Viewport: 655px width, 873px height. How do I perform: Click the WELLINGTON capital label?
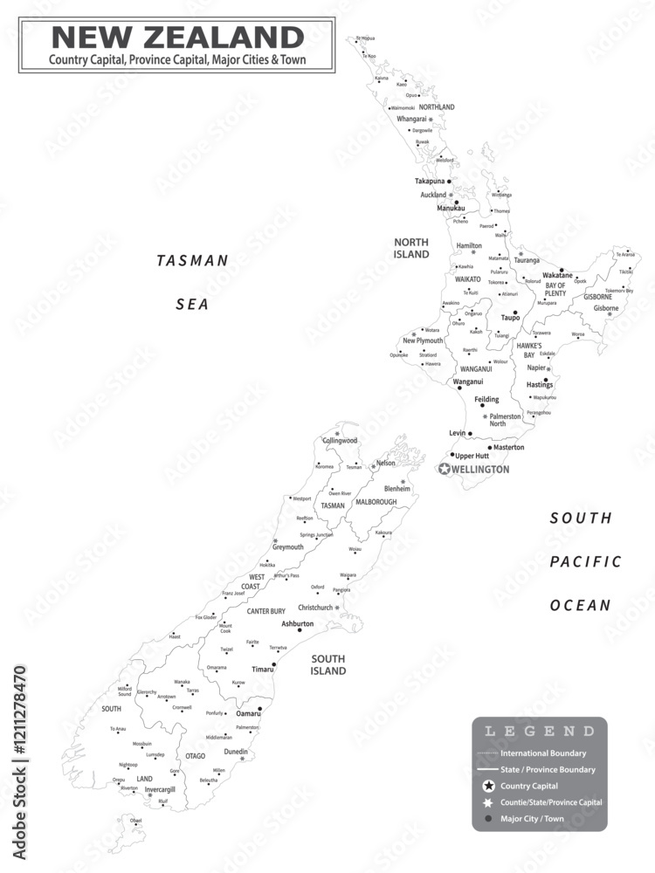pos(480,470)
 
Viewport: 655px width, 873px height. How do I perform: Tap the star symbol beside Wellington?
pos(445,470)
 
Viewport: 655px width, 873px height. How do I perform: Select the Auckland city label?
pos(433,195)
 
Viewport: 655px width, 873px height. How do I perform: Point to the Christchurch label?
pos(315,607)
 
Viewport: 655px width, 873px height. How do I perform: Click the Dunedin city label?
pos(235,752)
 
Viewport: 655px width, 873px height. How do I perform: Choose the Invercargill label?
pos(160,789)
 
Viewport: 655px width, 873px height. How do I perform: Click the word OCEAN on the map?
pos(581,605)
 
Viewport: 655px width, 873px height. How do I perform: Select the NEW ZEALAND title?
pos(177,38)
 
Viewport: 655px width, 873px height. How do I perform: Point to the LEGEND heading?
pos(540,731)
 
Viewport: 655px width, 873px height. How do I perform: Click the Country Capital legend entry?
pos(530,786)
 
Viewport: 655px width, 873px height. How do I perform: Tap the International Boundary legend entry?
pos(543,753)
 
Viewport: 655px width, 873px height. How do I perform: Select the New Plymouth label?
pos(423,340)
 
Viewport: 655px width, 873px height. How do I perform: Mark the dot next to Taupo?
pos(515,312)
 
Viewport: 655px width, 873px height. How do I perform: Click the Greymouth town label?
pos(287,547)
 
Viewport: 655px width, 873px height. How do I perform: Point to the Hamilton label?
pos(469,246)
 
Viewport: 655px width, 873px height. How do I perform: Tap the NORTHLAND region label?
pos(437,107)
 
